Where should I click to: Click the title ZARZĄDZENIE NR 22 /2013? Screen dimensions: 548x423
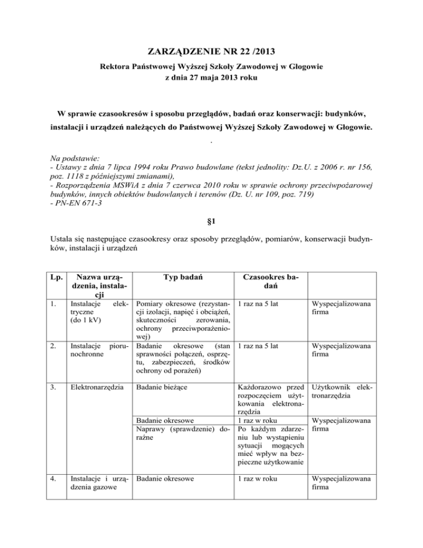click(x=211, y=52)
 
